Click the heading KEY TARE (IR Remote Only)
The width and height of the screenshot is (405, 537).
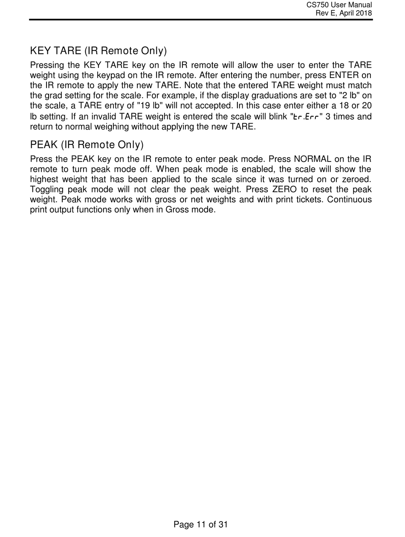(x=98, y=51)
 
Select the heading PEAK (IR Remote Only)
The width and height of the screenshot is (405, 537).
(x=87, y=145)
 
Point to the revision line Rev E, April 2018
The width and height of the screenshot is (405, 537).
(x=343, y=13)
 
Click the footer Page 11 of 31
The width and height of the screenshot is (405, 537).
(x=201, y=525)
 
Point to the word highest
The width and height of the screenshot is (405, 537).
(x=44, y=179)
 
